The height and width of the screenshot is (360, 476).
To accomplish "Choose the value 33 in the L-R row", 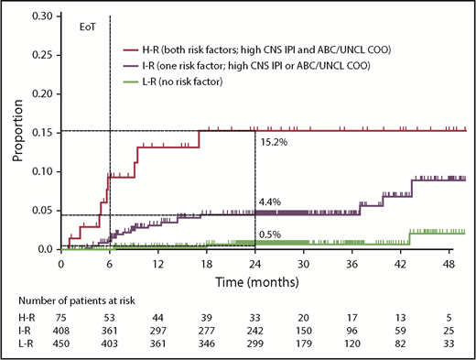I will point(448,345).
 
